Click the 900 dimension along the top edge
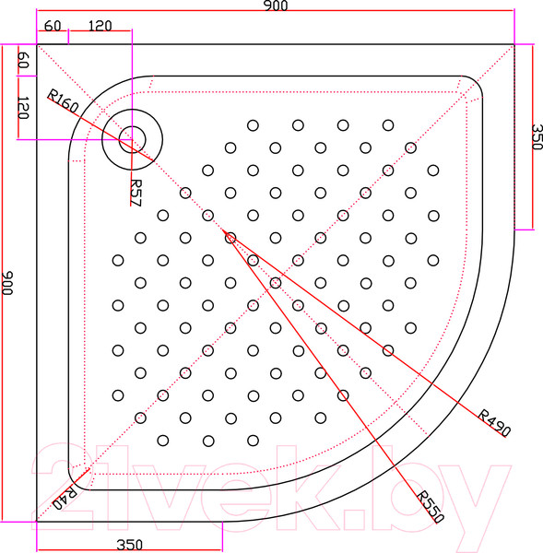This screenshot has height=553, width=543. pyautogui.click(x=276, y=7)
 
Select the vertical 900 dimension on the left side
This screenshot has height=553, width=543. pyautogui.click(x=7, y=283)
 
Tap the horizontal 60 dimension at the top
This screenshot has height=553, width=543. pyautogui.click(x=52, y=25)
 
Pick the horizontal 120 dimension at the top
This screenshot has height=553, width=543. pyautogui.click(x=101, y=25)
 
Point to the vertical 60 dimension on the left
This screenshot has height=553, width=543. pyautogui.click(x=24, y=63)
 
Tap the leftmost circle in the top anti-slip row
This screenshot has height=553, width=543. pyautogui.click(x=253, y=124)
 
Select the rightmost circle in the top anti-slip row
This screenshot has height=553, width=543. pyautogui.click(x=387, y=124)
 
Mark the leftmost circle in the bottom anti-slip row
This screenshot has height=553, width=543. pyautogui.click(x=163, y=440)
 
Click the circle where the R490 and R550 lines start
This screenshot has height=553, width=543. pyautogui.click(x=230, y=237)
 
